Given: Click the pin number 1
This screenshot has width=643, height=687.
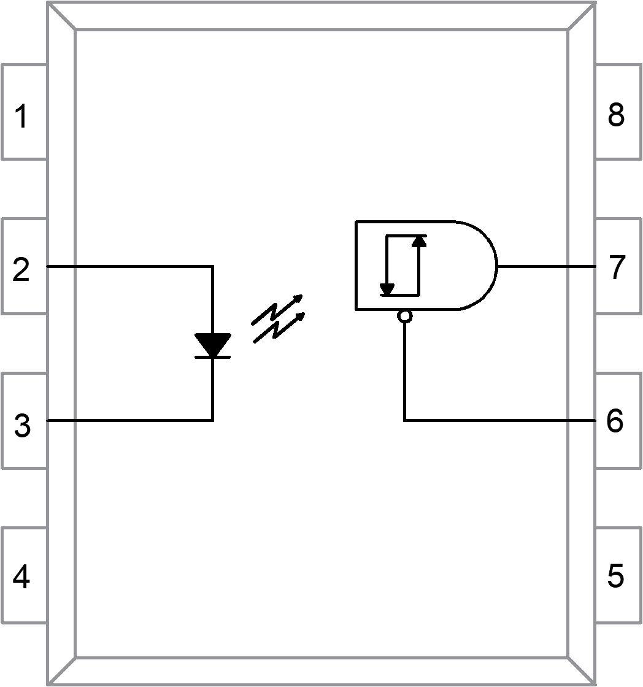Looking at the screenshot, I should tap(21, 117).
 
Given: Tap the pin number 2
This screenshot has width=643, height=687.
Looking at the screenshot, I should tap(21, 270).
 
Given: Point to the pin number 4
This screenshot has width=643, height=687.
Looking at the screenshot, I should tap(21, 577).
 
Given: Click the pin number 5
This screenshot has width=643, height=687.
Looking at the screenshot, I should tap(615, 576).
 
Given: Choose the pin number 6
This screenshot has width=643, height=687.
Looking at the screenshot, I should tap(615, 421).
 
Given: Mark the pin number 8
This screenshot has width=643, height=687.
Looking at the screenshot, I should tap(616, 115).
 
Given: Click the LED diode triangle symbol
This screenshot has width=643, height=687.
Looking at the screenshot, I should tap(212, 344).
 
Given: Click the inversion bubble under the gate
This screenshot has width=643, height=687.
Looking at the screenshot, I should tap(404, 316).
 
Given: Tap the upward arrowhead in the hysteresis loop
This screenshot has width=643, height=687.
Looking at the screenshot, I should tap(419, 240).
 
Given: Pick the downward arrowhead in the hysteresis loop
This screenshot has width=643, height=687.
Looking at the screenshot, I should tap(387, 289).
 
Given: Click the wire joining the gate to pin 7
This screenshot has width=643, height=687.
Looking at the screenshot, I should tap(546, 267).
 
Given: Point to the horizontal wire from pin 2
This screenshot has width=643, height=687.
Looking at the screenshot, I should tap(129, 267).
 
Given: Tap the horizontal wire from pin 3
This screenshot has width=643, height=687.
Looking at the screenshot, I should tap(129, 420).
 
